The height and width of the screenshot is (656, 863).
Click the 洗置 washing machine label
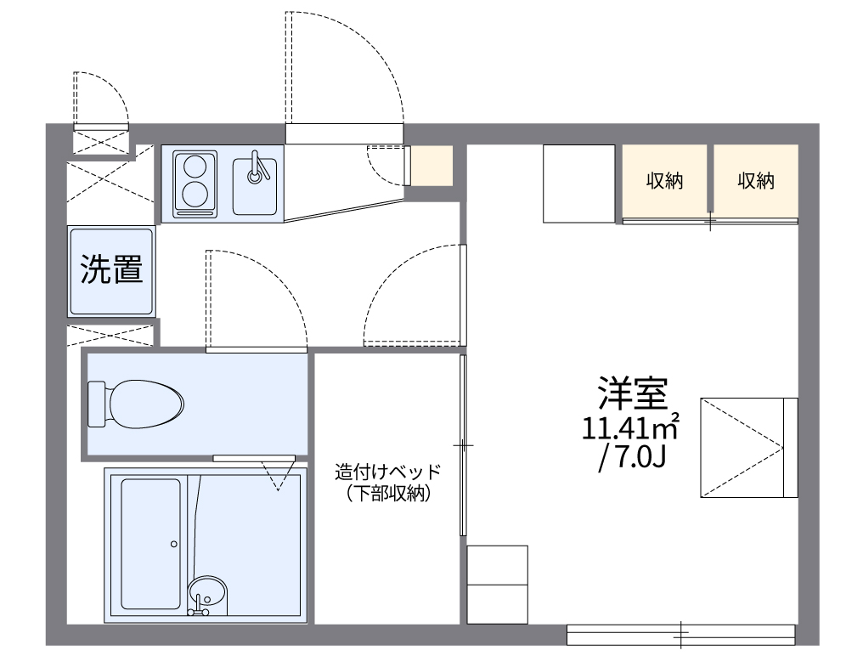pyautogui.click(x=111, y=270)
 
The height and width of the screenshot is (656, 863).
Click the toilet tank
pyautogui.click(x=96, y=404)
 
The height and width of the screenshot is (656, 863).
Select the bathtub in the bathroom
pyautogui.click(x=150, y=543)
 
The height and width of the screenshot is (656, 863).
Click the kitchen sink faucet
pyautogui.click(x=256, y=169)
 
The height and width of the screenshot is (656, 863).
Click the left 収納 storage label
pyautogui.click(x=665, y=181)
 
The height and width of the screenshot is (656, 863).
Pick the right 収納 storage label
pyautogui.click(x=755, y=181)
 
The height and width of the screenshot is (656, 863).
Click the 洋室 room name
pyautogui.click(x=630, y=393)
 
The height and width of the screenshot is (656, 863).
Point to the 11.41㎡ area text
pyautogui.click(x=629, y=427)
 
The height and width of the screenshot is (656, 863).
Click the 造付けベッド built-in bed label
pyautogui.click(x=388, y=472)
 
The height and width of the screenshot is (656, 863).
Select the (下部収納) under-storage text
pyautogui.click(x=388, y=494)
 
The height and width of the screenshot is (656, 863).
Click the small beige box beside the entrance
pyautogui.click(x=431, y=166)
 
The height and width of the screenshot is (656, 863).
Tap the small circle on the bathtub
pyautogui.click(x=173, y=544)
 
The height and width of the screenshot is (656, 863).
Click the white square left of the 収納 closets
pyautogui.click(x=578, y=184)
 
